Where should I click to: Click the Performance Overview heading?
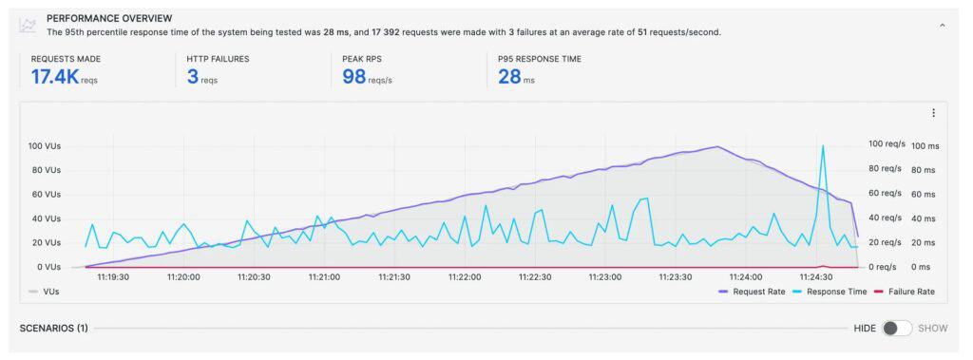pos(109,18)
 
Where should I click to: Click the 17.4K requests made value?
pos(56,77)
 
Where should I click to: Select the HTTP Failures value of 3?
pos(193,77)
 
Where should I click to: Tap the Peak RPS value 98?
pos(354,77)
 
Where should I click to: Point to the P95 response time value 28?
pos(509,77)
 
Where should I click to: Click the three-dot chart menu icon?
pos(933,113)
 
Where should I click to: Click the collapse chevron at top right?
pos(942,25)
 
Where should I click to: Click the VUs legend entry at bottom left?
pos(45,292)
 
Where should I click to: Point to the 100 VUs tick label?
pos(45,146)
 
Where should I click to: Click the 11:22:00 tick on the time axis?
pos(465,277)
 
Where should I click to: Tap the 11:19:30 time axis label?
pos(113,277)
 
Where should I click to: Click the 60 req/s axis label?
pos(885,194)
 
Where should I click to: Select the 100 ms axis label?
pos(925,146)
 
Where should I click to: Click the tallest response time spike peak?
pos(822,146)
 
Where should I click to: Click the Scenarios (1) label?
pos(54,328)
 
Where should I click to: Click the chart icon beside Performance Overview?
pos(28,25)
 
